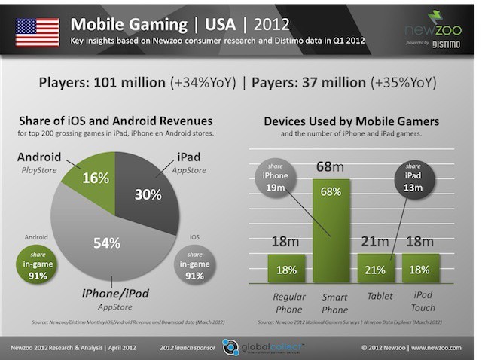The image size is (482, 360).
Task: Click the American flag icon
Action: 37,29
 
